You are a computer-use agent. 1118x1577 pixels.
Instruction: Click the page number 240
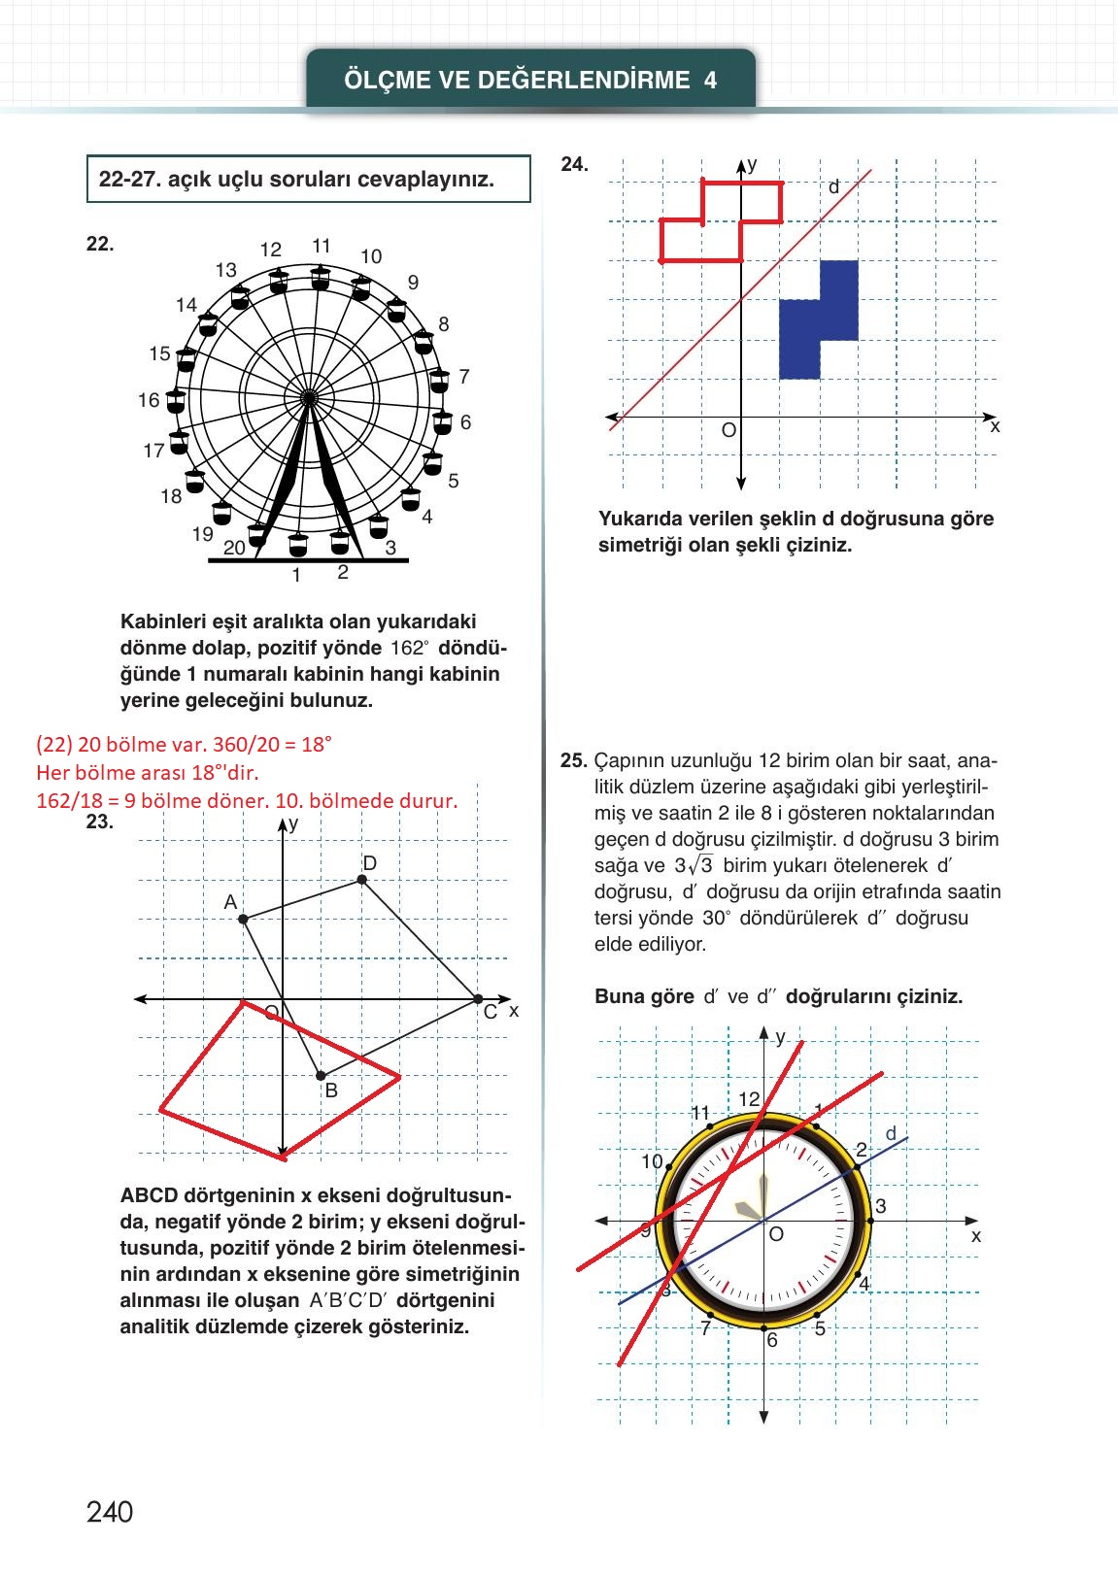coord(110,1512)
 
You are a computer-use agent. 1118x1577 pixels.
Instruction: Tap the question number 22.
coord(100,245)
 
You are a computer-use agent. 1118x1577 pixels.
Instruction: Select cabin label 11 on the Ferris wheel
coord(322,247)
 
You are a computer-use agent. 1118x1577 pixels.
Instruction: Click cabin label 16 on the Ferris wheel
coord(149,400)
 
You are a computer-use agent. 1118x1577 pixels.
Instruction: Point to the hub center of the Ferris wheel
coord(309,397)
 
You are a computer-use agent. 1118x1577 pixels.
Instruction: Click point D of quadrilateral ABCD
coord(362,879)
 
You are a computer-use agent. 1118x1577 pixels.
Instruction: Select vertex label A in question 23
coord(230,902)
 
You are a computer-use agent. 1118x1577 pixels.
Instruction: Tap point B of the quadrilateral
coord(322,1075)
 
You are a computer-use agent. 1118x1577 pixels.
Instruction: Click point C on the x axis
coord(477,998)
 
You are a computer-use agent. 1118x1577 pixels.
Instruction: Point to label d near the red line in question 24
coord(833,187)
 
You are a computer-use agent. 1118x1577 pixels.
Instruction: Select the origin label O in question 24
coord(728,430)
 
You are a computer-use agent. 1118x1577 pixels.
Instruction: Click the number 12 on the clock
coord(749,1099)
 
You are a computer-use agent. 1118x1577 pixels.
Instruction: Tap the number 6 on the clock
coord(772,1341)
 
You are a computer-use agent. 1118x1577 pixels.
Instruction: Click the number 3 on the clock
coord(880,1207)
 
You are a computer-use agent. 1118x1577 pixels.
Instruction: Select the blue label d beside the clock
coord(891,1133)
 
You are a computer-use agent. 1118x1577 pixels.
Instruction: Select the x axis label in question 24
coord(995,426)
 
